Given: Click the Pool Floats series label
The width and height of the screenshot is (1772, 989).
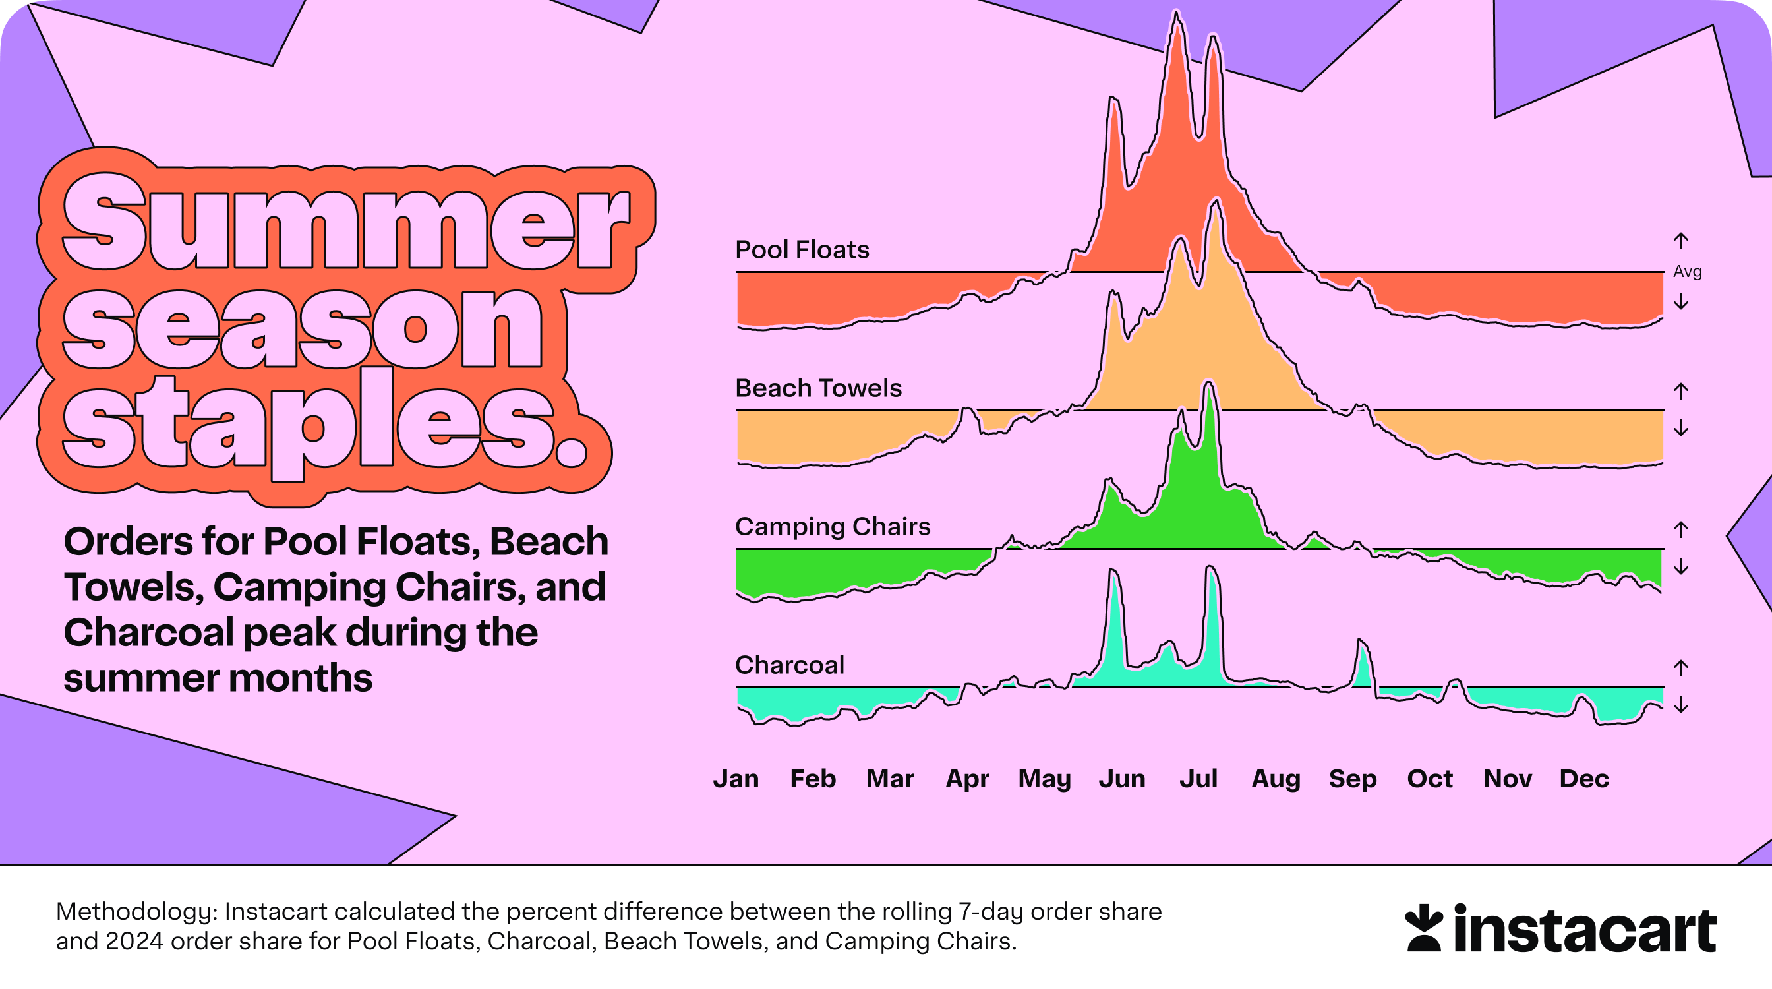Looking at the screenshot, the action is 802,249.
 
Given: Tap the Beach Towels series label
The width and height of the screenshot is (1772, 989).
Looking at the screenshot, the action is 819,388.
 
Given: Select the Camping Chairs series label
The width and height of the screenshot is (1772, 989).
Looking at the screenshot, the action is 833,527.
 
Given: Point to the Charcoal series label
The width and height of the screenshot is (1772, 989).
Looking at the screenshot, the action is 790,665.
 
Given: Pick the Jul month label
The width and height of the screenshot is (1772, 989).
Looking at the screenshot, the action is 1198,779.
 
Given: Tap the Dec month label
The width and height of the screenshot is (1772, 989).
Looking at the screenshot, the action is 1584,779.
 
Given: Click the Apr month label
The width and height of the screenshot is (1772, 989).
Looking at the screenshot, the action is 967,779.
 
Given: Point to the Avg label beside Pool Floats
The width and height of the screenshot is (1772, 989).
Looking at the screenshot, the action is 1688,272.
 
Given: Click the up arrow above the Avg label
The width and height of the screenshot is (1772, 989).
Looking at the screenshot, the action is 1681,241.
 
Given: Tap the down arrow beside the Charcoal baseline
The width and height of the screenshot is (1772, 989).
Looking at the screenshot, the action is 1681,705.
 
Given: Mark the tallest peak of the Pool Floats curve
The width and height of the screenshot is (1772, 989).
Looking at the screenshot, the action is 1177,13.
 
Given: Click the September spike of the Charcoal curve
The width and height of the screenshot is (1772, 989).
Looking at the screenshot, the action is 1360,641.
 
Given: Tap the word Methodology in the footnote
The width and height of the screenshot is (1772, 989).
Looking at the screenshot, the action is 137,913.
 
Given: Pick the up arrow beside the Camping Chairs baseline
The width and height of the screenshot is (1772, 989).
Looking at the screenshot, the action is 1681,529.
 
